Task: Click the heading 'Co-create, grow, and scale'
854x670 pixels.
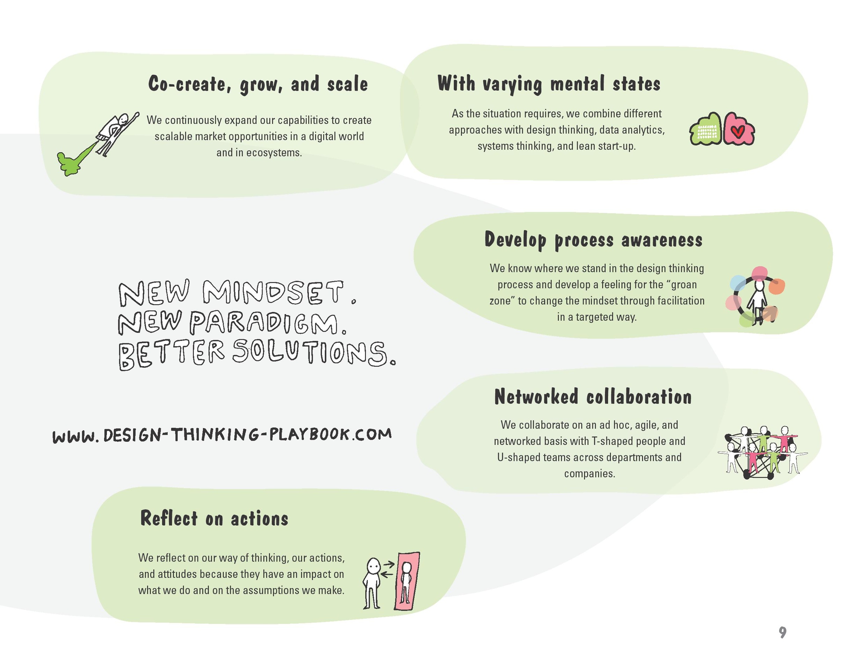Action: pos(258,84)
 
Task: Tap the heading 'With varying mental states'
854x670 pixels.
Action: pos(549,84)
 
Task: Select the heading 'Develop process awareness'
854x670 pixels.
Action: pos(593,240)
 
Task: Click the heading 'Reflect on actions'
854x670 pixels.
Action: pos(214,518)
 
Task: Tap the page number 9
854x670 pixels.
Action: pos(782,632)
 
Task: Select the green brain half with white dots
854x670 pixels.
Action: pos(706,129)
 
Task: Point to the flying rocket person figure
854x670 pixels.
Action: pos(117,133)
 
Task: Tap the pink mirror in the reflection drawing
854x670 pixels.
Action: pos(407,581)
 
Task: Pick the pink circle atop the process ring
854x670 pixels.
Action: pos(759,273)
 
